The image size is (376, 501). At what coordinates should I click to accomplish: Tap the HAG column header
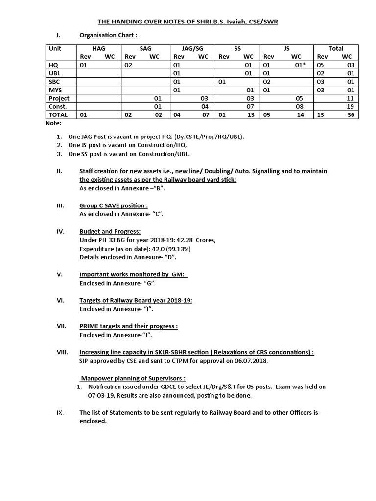coord(99,48)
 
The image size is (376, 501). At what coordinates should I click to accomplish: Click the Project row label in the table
coord(59,98)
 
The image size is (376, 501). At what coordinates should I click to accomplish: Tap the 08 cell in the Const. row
coord(300,106)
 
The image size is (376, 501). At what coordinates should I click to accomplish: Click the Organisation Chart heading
coord(108,35)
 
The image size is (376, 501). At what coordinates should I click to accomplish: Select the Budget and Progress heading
coord(110,231)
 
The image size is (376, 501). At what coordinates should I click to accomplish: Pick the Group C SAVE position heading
coord(114,206)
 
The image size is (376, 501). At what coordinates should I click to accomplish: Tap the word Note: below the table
coord(53,123)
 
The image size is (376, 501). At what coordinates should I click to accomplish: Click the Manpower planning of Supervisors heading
coord(133,378)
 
